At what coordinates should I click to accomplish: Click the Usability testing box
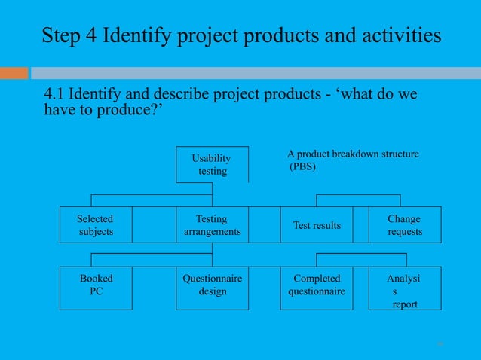(x=213, y=164)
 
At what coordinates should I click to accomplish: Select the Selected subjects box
(x=96, y=224)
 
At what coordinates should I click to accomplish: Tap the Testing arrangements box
(x=213, y=224)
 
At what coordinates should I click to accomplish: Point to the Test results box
(x=317, y=225)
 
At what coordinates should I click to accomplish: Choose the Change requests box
(x=405, y=224)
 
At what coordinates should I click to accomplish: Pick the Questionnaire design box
(x=213, y=287)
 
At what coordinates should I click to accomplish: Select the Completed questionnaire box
(x=317, y=287)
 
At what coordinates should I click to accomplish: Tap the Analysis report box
(x=405, y=287)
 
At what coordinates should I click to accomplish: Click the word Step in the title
(x=60, y=35)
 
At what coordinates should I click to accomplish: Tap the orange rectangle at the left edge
(x=14, y=73)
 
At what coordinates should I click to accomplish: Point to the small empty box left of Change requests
(x=360, y=224)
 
